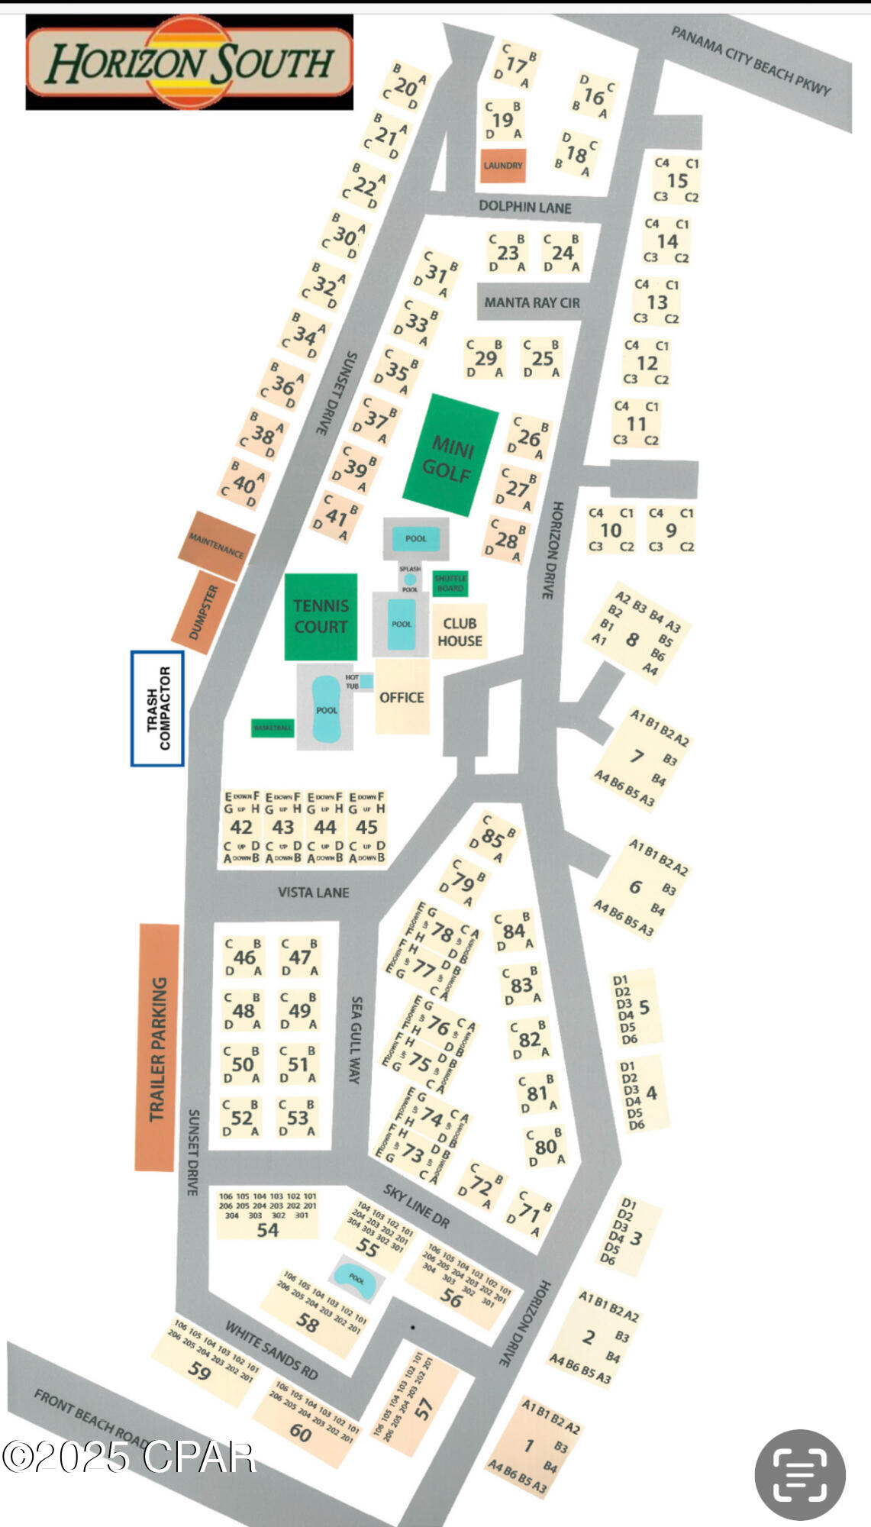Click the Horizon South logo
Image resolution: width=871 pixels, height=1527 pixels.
click(189, 63)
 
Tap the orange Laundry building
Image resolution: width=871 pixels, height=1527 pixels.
click(503, 166)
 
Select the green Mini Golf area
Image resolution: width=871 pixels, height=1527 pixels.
click(450, 457)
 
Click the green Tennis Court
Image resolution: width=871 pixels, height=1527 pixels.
click(321, 616)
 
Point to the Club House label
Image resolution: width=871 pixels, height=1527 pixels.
click(460, 632)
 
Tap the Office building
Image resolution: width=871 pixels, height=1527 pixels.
click(402, 696)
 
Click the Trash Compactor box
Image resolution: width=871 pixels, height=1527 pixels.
click(157, 708)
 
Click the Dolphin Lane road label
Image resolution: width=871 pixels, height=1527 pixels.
click(524, 207)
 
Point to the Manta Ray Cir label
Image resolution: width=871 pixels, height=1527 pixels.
click(532, 302)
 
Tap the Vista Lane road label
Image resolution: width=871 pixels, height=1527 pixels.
click(313, 892)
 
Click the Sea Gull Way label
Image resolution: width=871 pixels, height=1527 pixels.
click(356, 1039)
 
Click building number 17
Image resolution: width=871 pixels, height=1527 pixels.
click(516, 66)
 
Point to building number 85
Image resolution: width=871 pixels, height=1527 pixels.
click(492, 838)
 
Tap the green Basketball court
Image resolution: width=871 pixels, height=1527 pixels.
click(273, 728)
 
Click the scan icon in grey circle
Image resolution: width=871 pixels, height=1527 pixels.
click(799, 1474)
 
